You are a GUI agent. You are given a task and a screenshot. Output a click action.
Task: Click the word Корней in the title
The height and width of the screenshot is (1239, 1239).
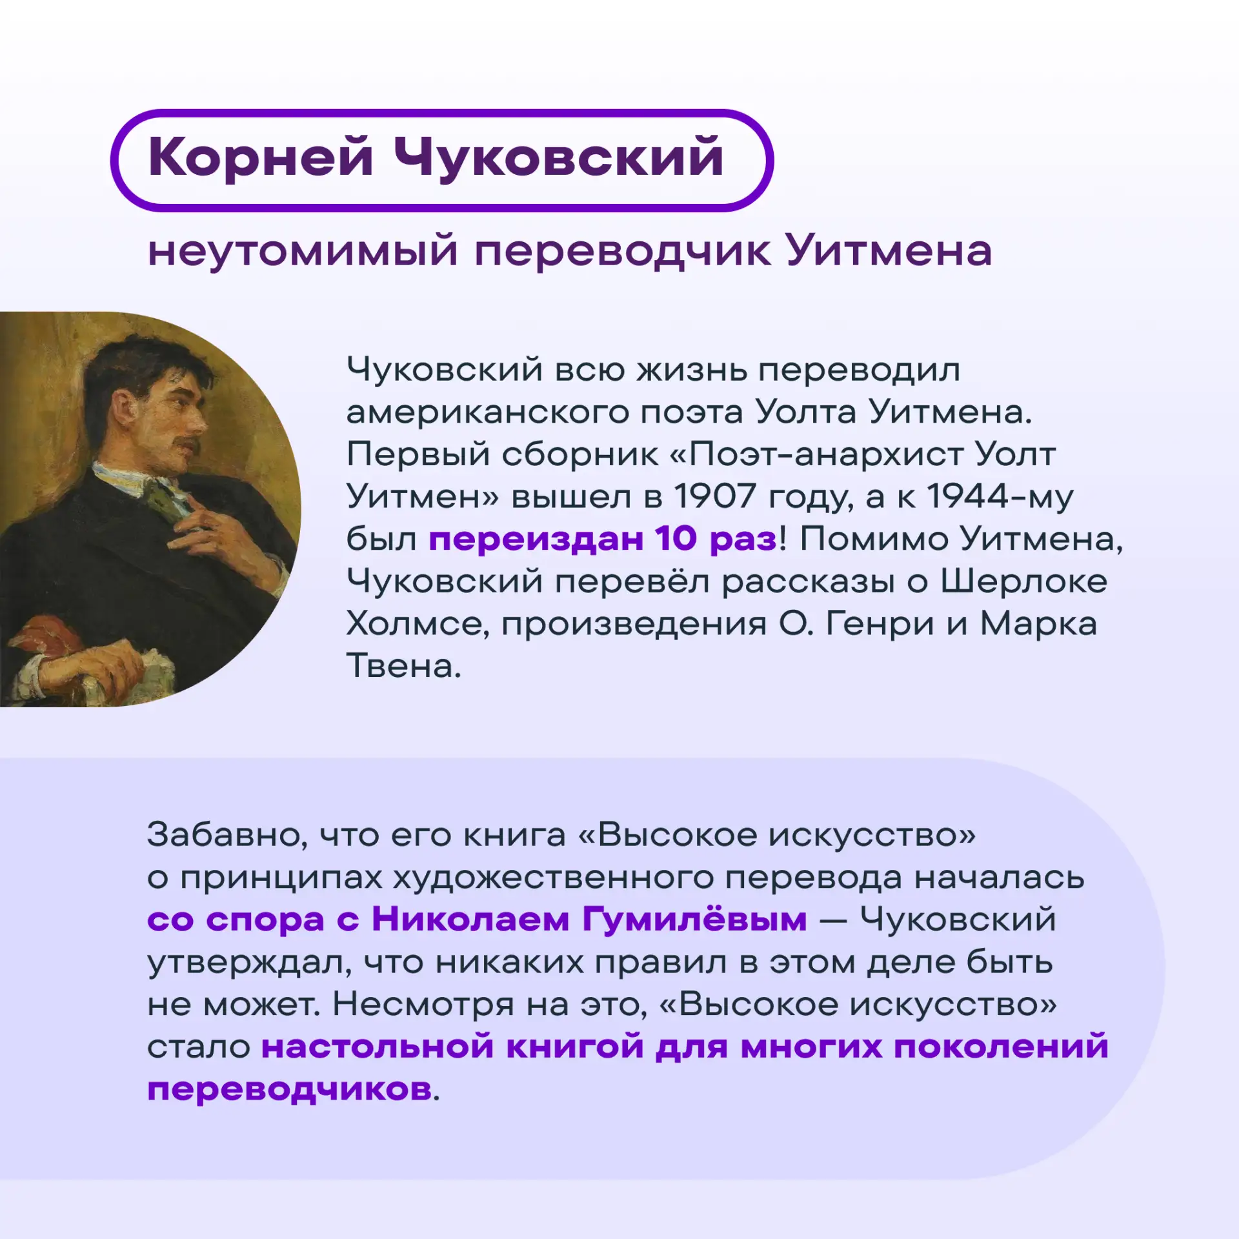point(261,159)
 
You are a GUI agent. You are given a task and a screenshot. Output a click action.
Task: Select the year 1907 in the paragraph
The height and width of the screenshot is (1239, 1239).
point(715,496)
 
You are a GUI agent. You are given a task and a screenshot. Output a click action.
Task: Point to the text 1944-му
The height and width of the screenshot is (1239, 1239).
point(1000,498)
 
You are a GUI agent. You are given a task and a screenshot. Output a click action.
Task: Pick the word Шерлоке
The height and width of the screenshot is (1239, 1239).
point(1023,581)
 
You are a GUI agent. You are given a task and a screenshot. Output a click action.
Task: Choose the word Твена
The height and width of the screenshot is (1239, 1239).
point(404,665)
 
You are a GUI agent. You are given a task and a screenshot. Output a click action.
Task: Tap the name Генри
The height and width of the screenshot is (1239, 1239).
point(880,623)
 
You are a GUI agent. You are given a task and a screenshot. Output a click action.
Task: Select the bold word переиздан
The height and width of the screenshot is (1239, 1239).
point(535,539)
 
